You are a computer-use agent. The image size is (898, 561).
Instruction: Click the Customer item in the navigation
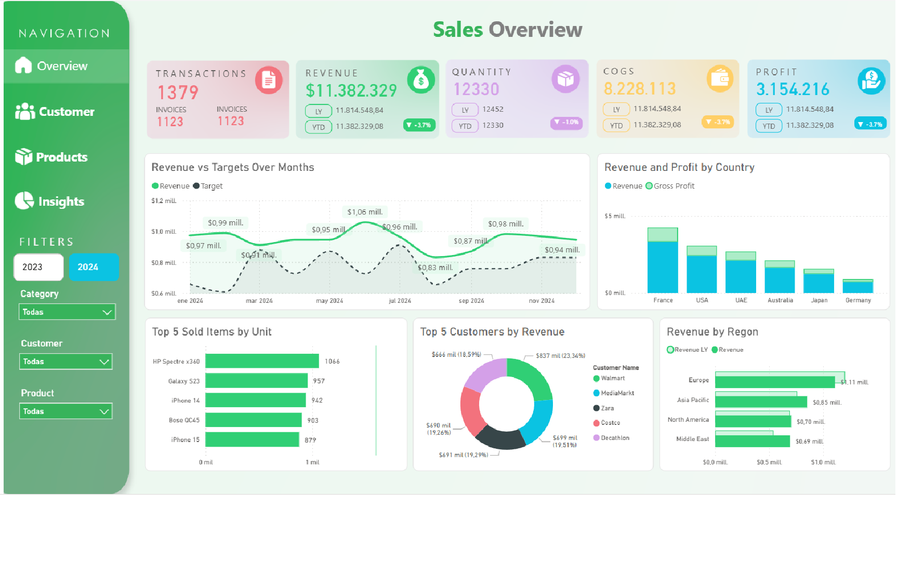pos(55,112)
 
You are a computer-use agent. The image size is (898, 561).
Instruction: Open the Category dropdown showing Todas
pos(67,312)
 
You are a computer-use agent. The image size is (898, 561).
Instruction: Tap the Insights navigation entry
pos(50,202)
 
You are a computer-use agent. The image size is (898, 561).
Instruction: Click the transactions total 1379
pos(178,93)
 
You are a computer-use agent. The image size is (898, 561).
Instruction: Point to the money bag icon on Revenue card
pos(420,80)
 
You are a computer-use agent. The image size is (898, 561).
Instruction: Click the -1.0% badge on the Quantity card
pos(566,123)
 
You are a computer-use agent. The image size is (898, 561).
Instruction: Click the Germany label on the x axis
pos(858,300)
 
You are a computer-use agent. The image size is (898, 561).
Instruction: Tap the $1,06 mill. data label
pos(365,212)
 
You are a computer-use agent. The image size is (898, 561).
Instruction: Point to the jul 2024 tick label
pos(400,301)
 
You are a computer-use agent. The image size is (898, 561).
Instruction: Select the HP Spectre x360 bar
pos(262,361)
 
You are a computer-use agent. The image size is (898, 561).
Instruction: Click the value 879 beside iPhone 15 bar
pos(310,440)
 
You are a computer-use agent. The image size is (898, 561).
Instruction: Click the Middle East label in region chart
pos(692,439)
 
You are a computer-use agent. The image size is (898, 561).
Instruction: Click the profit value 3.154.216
pos(793,89)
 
